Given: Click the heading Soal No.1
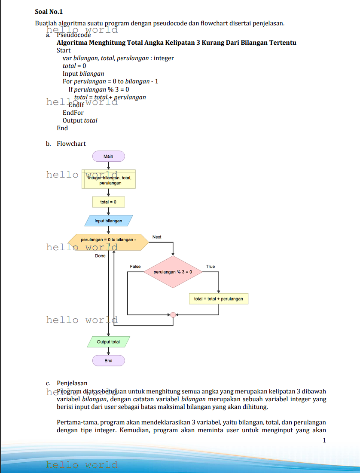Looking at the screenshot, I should pyautogui.click(x=49, y=12).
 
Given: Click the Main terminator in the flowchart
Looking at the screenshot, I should pyautogui.click(x=108, y=156).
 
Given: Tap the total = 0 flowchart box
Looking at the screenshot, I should pyautogui.click(x=108, y=202).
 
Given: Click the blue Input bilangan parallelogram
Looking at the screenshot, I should pyautogui.click(x=108, y=221).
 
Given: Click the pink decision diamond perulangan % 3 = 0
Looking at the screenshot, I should pyautogui.click(x=172, y=272).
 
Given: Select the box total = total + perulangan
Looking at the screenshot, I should pyautogui.click(x=218, y=298).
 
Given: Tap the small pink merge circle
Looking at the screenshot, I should pyautogui.click(x=173, y=315).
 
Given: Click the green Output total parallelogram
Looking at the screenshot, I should pyautogui.click(x=108, y=342).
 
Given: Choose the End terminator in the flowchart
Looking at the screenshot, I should pyautogui.click(x=108, y=360).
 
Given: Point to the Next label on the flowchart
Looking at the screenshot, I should pyautogui.click(x=157, y=237).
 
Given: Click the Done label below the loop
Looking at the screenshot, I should pyautogui.click(x=100, y=256).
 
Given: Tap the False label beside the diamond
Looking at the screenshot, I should pyautogui.click(x=135, y=267).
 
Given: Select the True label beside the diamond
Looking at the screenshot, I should pyautogui.click(x=210, y=267).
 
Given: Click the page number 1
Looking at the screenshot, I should pyautogui.click(x=324, y=440).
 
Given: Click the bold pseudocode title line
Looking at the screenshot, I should pyautogui.click(x=176, y=43).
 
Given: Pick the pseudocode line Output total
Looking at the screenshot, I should pyautogui.click(x=80, y=120).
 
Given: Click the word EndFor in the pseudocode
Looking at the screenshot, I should pyautogui.click(x=73, y=113).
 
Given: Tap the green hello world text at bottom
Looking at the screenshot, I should pyautogui.click(x=82, y=465).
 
